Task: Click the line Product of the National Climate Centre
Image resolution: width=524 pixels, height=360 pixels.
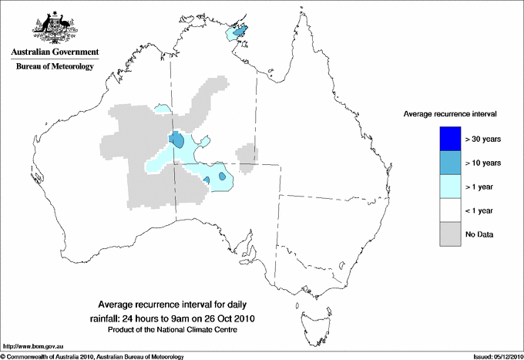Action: pos(179,330)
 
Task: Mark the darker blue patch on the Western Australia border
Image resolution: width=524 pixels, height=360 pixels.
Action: pos(176,140)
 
